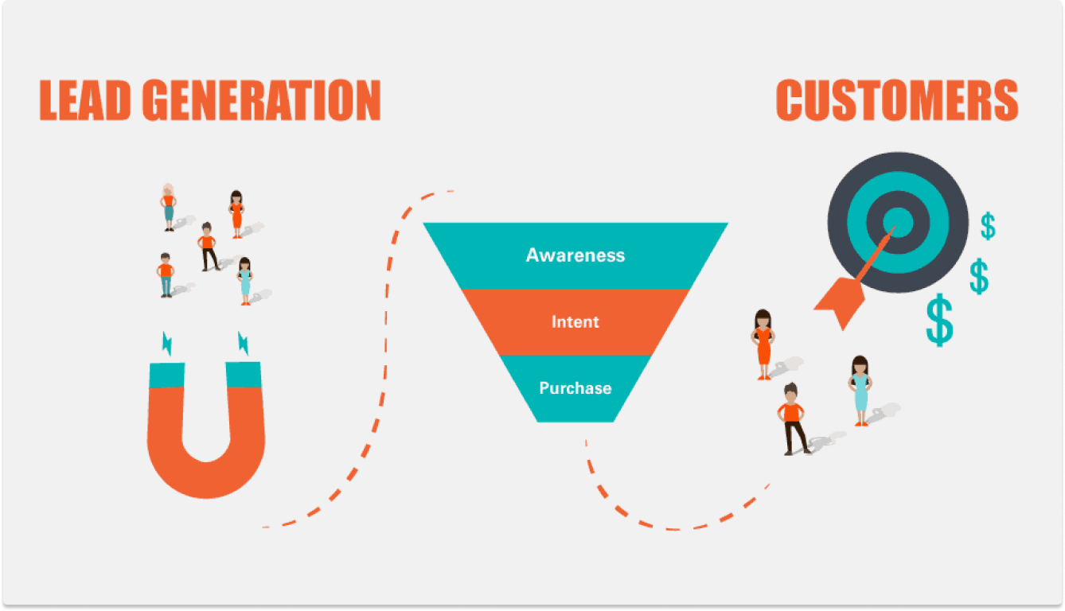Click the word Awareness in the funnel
575,255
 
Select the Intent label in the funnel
575,321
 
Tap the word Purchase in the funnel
575,388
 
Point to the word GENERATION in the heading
262,99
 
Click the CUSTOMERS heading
897,99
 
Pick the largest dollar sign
939,321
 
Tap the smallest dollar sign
988,226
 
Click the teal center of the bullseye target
899,222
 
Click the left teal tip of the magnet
167,376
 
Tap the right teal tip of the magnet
244,375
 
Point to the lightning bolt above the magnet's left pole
167,343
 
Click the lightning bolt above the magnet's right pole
243,343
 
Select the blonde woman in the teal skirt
168,207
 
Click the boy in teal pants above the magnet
166,275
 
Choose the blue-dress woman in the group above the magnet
245,281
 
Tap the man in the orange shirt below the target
793,419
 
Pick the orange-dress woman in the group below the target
763,344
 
